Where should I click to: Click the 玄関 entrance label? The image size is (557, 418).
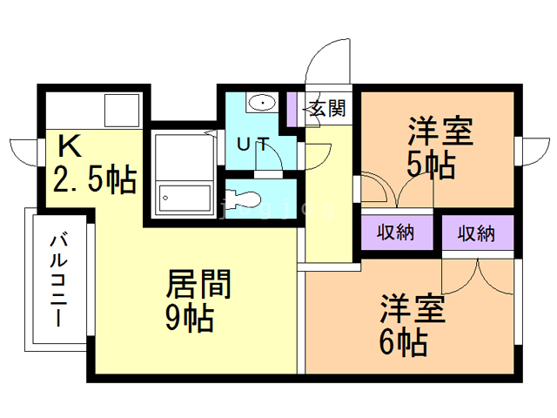328,109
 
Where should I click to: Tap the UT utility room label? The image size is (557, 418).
252,144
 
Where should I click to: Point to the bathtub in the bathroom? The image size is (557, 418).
185,199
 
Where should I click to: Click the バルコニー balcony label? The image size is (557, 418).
59,278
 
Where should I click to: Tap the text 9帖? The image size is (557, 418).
189,319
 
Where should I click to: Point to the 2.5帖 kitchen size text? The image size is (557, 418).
95,179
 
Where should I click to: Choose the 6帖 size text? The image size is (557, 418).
401,341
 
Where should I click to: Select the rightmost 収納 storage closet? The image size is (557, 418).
476,233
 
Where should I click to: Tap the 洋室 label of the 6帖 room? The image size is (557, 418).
412,308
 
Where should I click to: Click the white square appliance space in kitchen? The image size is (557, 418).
122,110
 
